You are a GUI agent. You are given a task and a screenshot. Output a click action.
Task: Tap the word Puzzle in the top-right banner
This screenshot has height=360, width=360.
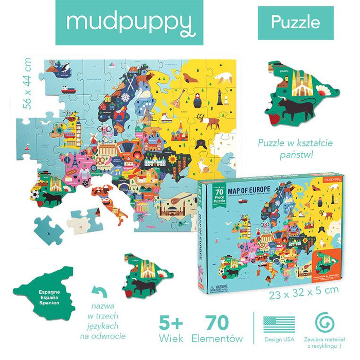[296, 22]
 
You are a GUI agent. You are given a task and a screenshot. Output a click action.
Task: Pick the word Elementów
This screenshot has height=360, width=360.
[217, 339]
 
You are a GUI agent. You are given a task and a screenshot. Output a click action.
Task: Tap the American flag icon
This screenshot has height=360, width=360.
[279, 325]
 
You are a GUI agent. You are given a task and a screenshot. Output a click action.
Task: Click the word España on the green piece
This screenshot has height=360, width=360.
[46, 298]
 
